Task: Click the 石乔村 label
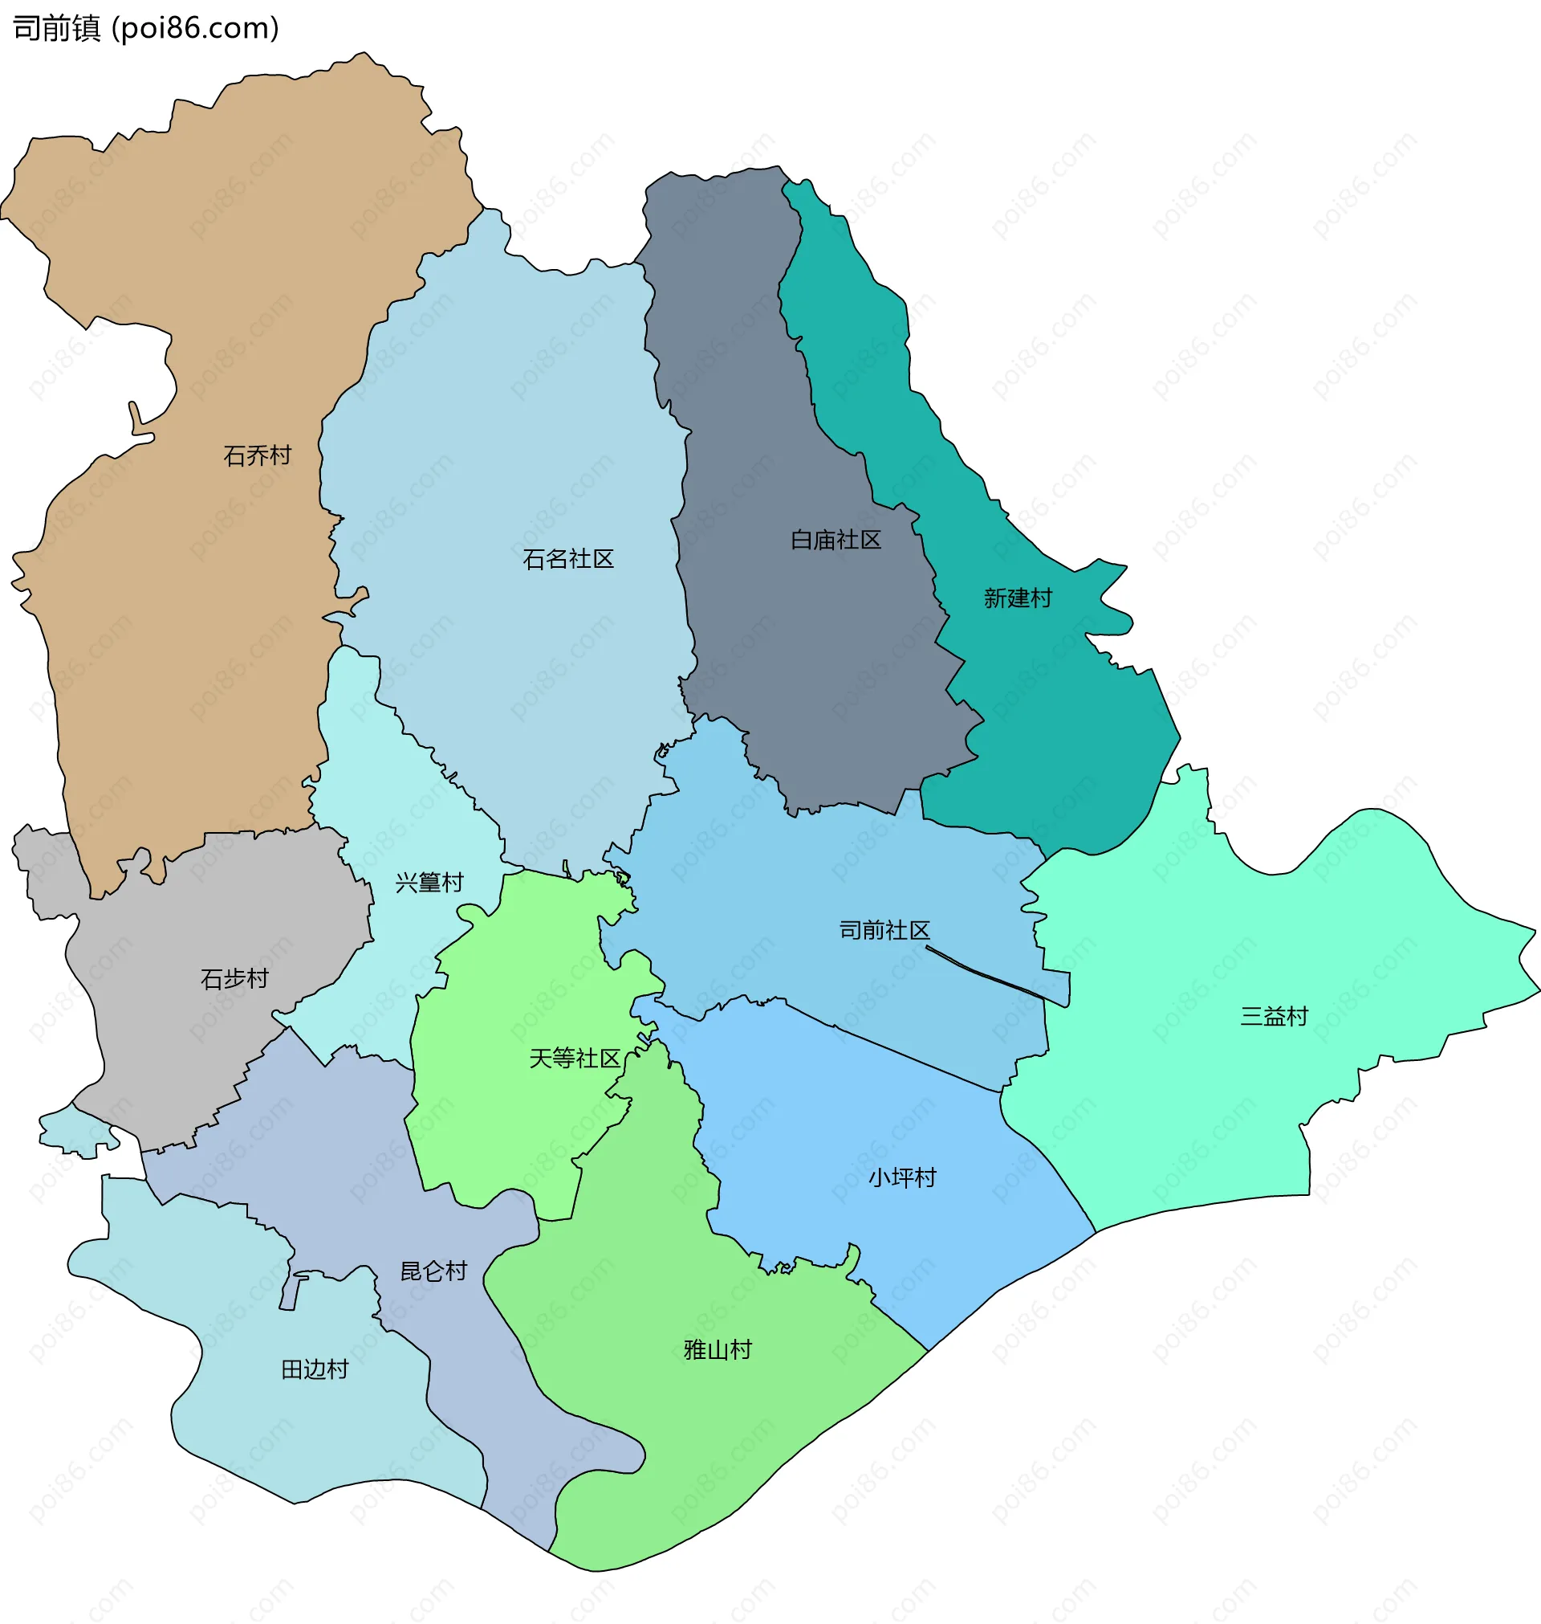[257, 455]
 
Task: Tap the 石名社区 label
[567, 559]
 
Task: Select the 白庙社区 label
[836, 539]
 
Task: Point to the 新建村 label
[1018, 598]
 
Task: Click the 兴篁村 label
[429, 882]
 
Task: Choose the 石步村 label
[234, 978]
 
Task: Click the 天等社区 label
[574, 1058]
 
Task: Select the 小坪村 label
[902, 1177]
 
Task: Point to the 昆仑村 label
[433, 1271]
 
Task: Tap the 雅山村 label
[717, 1349]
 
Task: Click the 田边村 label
[315, 1369]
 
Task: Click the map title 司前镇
[56, 28]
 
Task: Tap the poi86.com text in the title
[195, 28]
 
